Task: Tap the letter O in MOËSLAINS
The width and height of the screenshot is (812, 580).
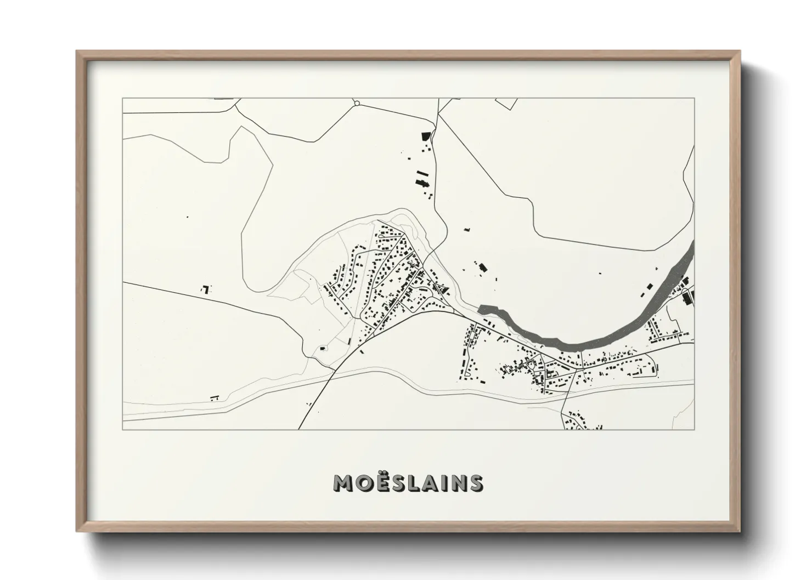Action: click(365, 483)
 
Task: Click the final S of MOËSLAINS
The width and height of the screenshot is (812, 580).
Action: click(475, 483)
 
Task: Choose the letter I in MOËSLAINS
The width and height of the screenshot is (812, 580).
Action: click(444, 483)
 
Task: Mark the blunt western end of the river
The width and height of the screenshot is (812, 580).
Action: click(481, 309)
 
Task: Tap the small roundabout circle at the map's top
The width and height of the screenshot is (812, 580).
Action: click(357, 103)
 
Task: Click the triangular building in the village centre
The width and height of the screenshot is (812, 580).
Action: click(443, 289)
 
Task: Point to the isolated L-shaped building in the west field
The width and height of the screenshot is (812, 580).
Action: click(206, 288)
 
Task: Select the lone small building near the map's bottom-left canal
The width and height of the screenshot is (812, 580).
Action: click(215, 397)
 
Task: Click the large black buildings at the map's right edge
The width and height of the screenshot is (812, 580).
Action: click(688, 297)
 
